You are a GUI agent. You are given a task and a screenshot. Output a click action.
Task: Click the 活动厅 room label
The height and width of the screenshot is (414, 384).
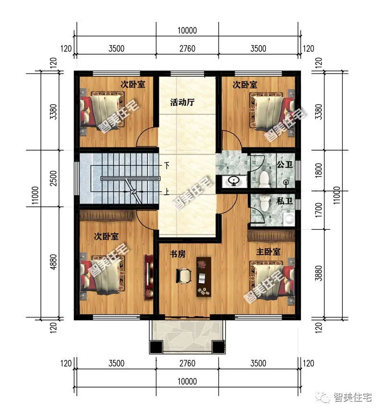click(182, 102)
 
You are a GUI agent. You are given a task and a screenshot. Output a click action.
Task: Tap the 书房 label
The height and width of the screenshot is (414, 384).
click(178, 254)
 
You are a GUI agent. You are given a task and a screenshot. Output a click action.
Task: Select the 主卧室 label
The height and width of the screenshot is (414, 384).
click(268, 252)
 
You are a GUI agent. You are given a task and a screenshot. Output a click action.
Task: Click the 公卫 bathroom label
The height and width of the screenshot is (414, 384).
click(285, 165)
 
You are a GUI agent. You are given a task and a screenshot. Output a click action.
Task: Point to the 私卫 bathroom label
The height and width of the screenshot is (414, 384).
click(285, 201)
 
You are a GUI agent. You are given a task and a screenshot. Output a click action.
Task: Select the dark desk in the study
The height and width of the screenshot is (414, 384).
click(204, 277)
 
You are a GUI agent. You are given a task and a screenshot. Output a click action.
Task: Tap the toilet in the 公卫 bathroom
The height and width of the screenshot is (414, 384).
click(264, 179)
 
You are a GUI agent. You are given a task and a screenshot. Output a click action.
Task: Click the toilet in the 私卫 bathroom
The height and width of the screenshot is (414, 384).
click(264, 203)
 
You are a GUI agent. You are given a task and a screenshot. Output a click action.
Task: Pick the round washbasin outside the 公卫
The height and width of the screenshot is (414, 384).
click(234, 181)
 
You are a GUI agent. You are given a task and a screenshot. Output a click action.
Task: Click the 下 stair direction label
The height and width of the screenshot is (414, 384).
click(167, 166)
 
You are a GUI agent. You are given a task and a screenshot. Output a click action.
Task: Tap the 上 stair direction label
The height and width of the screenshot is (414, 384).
click(167, 192)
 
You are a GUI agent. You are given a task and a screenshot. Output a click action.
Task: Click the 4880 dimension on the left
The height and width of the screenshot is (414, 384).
click(53, 261)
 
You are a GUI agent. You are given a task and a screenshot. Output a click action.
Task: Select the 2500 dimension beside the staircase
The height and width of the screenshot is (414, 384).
click(53, 178)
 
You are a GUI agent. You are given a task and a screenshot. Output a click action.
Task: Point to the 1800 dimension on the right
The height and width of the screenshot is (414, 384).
click(319, 170)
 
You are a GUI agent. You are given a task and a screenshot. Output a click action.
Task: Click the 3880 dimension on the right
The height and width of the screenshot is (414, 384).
click(319, 273)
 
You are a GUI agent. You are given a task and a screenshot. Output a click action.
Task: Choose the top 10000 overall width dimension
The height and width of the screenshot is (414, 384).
click(187, 31)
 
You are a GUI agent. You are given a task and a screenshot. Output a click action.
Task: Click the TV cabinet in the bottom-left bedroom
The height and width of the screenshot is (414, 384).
click(148, 277)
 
